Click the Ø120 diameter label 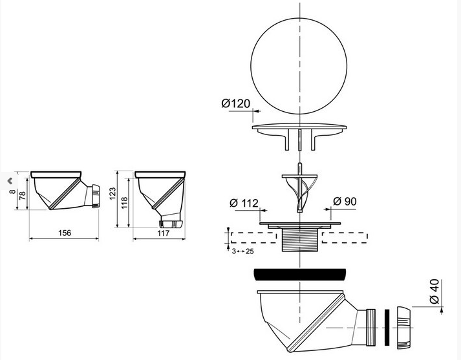pyautogui.click(x=236, y=103)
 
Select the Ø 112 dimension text pyautogui.click(x=244, y=203)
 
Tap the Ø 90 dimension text pyautogui.click(x=345, y=201)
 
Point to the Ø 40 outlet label pyautogui.click(x=434, y=291)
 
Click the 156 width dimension pyautogui.click(x=65, y=233)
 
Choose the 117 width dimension pyautogui.click(x=164, y=233)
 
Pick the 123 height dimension pyautogui.click(x=113, y=194)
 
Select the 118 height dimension pyautogui.click(x=124, y=203)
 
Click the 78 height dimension pyautogui.click(x=23, y=195)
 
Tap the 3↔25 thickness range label pyautogui.click(x=242, y=251)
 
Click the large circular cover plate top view pyautogui.click(x=299, y=66)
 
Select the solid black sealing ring pyautogui.click(x=299, y=274)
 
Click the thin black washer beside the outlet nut pyautogui.click(x=387, y=328)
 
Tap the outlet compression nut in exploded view pyautogui.click(x=403, y=328)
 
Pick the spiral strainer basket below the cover pyautogui.click(x=299, y=187)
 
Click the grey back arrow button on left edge pyautogui.click(x=10, y=181)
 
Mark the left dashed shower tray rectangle pyautogui.click(x=253, y=238)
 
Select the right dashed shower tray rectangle pyautogui.click(x=345, y=238)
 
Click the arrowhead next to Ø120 pyautogui.click(x=257, y=111)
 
